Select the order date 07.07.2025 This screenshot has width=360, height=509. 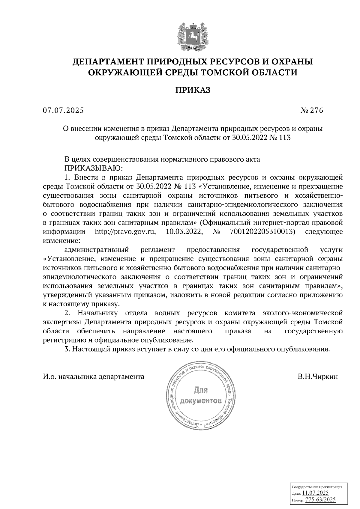63,111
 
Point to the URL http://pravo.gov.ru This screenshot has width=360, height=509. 125,232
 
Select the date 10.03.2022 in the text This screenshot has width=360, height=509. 184,232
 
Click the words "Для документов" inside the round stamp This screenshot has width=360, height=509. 201,396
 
